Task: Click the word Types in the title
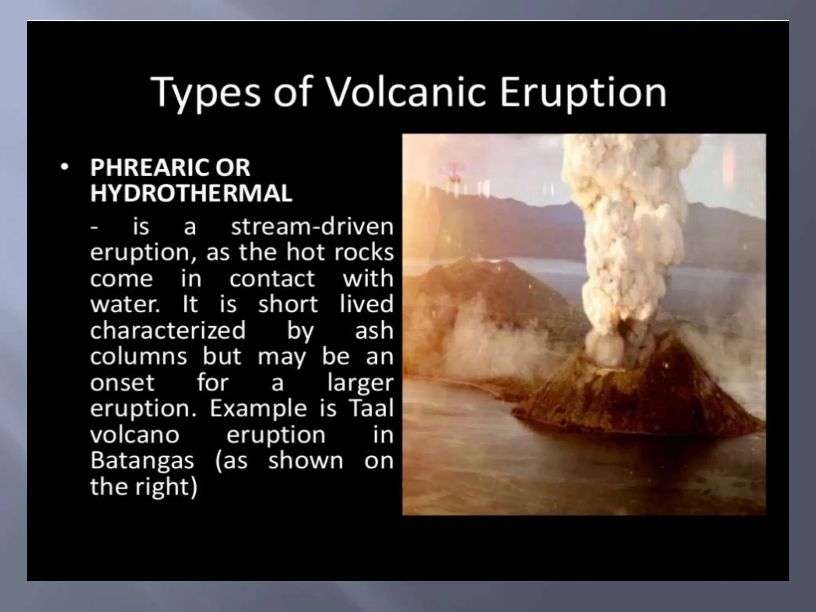[206, 92]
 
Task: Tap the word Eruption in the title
[583, 92]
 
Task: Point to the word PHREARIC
[147, 167]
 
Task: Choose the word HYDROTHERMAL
[191, 193]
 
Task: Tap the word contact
[272, 279]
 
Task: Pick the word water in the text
[124, 304]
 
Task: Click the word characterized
[168, 330]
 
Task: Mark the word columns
[138, 356]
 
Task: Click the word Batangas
[142, 461]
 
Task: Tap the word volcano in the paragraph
[135, 435]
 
